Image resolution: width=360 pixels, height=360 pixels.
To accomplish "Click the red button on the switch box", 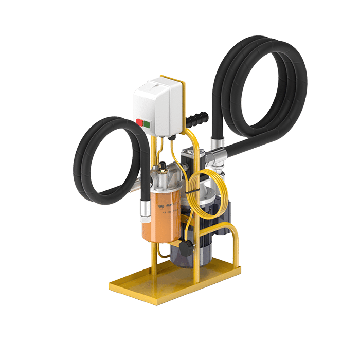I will [x=139, y=122].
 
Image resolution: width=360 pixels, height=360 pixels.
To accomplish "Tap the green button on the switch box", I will [x=147, y=124].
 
